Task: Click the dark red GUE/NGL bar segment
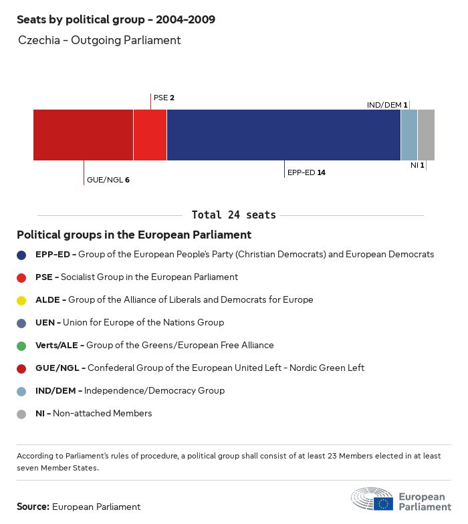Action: point(83,135)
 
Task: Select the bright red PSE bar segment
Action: point(150,135)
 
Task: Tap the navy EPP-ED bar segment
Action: point(283,135)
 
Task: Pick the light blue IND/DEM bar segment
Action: point(408,135)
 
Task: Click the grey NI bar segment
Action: point(426,135)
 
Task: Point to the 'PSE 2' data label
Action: point(164,98)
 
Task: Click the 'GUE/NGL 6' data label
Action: point(108,180)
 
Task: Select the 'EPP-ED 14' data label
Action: point(306,172)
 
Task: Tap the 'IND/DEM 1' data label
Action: point(387,105)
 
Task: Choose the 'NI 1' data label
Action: point(417,164)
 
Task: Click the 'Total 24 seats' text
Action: point(233,215)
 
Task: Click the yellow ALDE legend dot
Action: point(22,300)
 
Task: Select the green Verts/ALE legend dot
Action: point(22,346)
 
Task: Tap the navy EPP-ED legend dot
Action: point(22,255)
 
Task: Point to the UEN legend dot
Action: point(22,323)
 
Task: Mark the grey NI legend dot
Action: point(22,414)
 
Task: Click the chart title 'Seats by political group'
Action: point(116,19)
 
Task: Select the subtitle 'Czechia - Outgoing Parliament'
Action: point(100,40)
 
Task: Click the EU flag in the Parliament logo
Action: point(383,503)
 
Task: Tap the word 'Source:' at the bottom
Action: point(33,507)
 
